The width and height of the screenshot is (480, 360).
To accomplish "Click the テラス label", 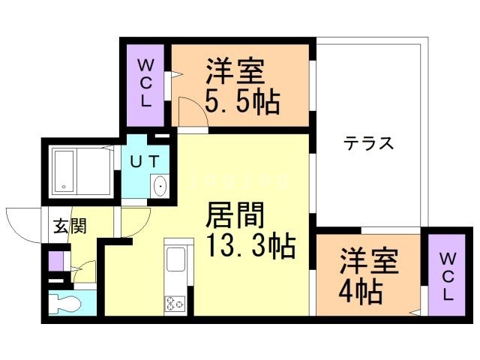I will [x=369, y=143].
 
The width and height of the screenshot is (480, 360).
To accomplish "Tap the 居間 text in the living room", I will [x=236, y=217].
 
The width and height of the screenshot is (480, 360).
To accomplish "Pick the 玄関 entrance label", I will [x=69, y=225].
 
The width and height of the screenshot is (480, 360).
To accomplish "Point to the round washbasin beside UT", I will [x=160, y=185].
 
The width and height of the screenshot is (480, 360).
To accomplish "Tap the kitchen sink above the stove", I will [x=175, y=262].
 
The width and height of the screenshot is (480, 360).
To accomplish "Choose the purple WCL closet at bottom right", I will [x=447, y=275].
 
